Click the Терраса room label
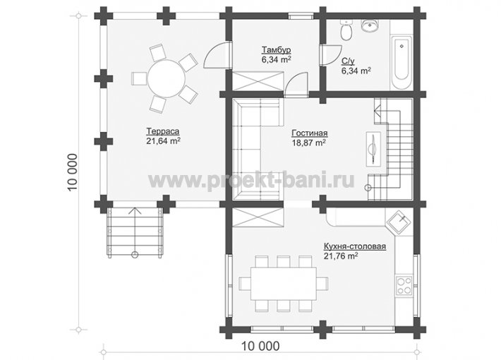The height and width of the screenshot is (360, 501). click(x=162, y=131)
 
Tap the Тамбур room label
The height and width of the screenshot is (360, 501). click(x=277, y=50)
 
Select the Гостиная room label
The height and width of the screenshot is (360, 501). click(x=310, y=133)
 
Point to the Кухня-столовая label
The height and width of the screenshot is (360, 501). click(x=355, y=246)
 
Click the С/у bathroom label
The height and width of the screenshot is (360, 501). click(x=348, y=61)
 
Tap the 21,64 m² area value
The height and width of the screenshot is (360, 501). click(x=163, y=141)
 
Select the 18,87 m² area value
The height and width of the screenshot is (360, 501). click(x=308, y=143)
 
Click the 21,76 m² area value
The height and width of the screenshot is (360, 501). click(x=341, y=256)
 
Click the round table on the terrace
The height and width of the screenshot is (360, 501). click(x=166, y=78)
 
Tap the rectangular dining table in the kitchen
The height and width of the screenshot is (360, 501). click(x=284, y=284)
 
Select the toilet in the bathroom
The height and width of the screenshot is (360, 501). click(x=346, y=30)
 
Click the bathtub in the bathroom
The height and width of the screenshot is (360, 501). click(x=402, y=63)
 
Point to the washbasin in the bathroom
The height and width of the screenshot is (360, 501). click(x=370, y=25)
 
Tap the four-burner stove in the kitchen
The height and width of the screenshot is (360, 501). click(x=404, y=285)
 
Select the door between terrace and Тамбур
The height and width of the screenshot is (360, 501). click(x=217, y=54)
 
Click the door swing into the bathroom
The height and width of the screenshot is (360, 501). click(x=332, y=55)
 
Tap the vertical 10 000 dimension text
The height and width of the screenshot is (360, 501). click(x=73, y=172)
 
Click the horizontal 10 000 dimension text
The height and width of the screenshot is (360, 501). click(x=260, y=346)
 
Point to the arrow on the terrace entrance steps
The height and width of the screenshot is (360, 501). click(x=135, y=231)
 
